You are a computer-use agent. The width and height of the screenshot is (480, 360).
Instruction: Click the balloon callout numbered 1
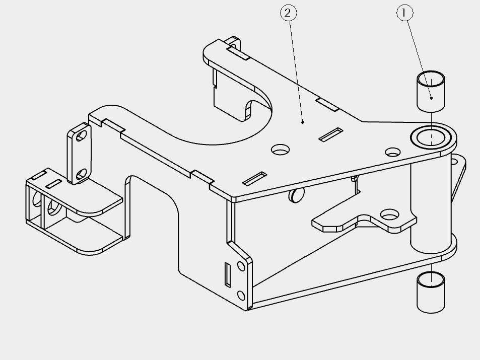click(x=404, y=13)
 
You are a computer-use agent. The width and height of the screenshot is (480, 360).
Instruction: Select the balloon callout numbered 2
click(x=289, y=13)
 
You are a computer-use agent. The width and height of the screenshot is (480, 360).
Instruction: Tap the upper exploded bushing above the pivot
click(x=431, y=91)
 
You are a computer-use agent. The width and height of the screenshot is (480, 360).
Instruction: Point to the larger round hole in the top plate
click(x=280, y=150)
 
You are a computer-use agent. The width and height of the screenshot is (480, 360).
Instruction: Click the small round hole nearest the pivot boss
click(x=392, y=152)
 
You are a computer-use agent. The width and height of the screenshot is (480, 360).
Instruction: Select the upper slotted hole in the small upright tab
click(x=81, y=136)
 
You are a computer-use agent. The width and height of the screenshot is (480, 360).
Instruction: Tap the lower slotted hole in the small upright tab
click(x=81, y=174)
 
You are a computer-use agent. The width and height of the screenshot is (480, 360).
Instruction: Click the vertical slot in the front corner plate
click(x=228, y=274)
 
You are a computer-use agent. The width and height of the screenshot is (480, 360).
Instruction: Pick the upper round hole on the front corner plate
click(x=241, y=266)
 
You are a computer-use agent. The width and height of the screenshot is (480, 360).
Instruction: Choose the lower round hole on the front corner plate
click(x=241, y=296)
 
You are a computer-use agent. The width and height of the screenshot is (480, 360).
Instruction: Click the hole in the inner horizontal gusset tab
click(x=389, y=215)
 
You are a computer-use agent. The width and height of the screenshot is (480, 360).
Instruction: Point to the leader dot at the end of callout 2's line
click(x=303, y=122)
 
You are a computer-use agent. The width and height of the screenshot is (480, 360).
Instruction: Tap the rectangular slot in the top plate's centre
click(x=330, y=135)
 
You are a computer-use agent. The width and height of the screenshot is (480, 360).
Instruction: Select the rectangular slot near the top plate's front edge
click(x=254, y=179)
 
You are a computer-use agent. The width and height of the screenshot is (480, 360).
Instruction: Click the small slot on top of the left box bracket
click(x=53, y=184)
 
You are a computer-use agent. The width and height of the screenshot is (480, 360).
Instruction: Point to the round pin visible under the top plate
click(x=296, y=195)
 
